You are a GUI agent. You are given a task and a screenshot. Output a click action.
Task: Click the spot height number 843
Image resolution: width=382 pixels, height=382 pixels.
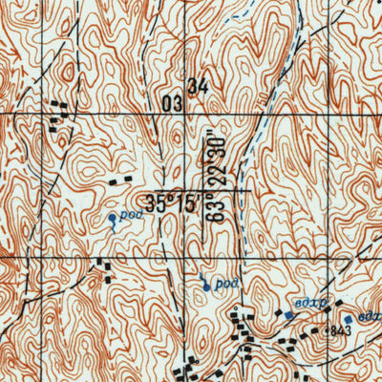tap(340, 329)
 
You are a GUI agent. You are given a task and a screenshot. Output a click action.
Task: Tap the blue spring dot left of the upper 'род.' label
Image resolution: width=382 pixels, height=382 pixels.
tap(112, 219)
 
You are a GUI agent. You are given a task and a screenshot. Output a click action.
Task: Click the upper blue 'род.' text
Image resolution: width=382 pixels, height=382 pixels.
tap(130, 215)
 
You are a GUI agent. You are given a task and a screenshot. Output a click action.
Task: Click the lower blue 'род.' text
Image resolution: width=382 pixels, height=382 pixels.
tap(224, 284)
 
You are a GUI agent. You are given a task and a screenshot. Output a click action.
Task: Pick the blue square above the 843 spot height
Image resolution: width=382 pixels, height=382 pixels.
tap(349, 318)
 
